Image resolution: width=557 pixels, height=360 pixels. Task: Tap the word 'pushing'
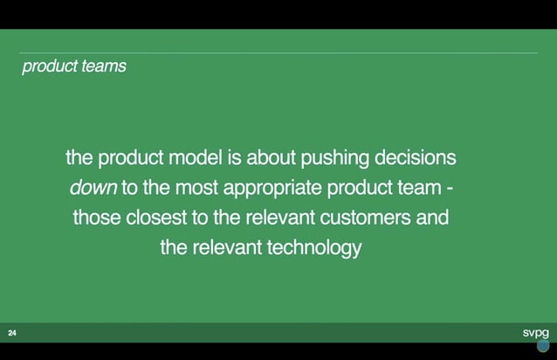click(x=335, y=159)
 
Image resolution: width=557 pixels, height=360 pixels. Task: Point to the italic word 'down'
click(x=93, y=188)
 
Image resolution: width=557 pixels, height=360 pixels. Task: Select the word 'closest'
click(x=155, y=218)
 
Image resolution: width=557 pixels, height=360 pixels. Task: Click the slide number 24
click(x=12, y=333)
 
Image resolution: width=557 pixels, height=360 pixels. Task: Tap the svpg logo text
click(x=535, y=332)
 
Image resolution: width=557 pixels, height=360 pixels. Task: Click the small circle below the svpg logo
click(x=543, y=345)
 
